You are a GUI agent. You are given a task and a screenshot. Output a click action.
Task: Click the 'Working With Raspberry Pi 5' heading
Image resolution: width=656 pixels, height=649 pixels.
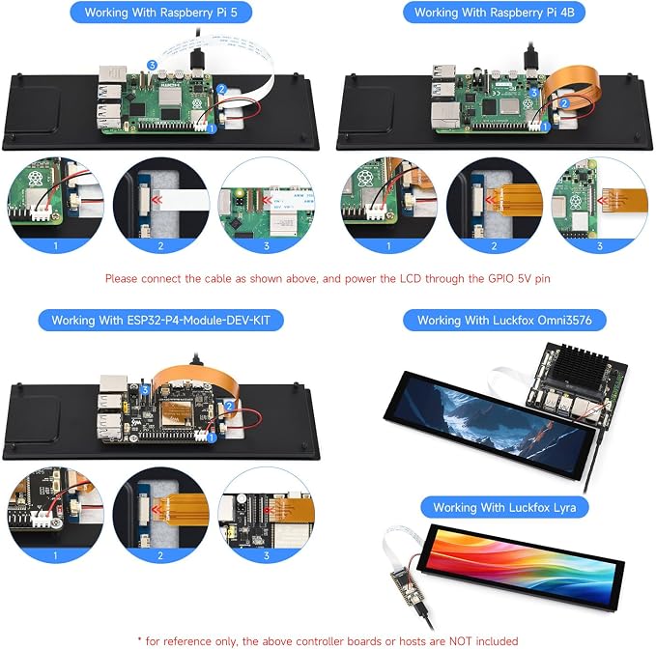tap(160, 13)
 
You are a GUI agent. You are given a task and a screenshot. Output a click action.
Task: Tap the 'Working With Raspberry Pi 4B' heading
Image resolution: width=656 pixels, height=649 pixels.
tap(494, 13)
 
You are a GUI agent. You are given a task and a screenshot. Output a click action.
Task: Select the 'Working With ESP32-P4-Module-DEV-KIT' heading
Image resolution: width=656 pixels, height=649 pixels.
tap(160, 321)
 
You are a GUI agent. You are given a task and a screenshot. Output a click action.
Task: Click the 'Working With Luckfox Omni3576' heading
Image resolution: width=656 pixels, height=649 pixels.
tap(504, 321)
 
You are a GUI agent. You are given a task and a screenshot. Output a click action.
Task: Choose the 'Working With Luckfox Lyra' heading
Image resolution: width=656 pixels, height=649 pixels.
tap(504, 507)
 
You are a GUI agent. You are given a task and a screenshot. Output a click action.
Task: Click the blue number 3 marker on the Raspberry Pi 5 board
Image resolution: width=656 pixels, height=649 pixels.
tap(152, 65)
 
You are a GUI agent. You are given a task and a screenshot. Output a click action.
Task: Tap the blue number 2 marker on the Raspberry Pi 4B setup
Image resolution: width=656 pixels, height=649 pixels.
tap(564, 103)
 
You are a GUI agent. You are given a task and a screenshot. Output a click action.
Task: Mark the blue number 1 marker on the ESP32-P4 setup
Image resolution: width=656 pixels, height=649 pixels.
tap(212, 437)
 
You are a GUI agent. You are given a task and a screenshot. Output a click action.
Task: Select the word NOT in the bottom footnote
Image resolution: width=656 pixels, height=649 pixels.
tap(460, 641)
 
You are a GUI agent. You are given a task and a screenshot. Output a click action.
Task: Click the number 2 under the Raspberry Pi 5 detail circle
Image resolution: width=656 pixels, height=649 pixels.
tap(160, 246)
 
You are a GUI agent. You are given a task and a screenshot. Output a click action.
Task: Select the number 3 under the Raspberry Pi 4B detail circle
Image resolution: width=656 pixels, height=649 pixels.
tap(600, 246)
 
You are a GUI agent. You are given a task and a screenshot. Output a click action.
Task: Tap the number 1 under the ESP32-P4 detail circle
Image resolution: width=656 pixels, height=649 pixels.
tap(55, 555)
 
